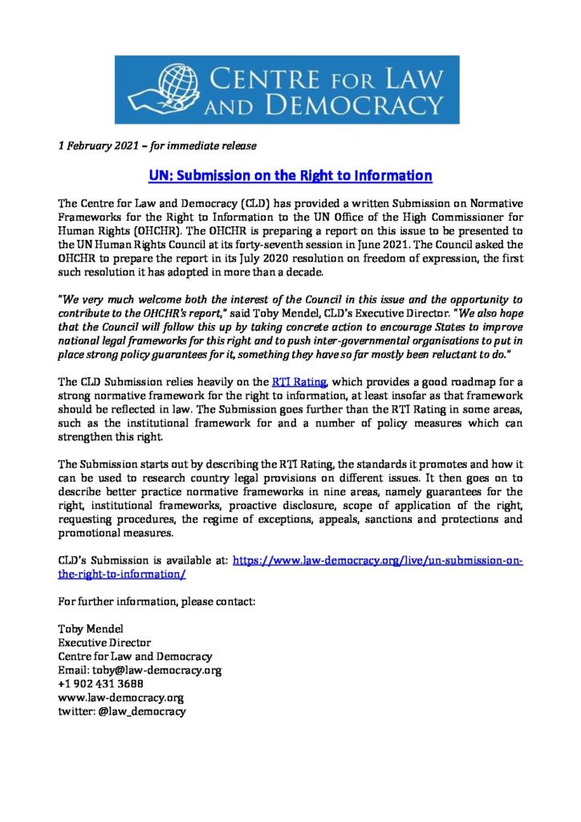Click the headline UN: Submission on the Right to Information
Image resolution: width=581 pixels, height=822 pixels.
290,176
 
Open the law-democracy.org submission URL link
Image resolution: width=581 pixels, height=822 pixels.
377,562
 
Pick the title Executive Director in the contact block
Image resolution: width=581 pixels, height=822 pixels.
104,643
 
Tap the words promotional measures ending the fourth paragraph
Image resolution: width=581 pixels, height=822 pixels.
116,533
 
